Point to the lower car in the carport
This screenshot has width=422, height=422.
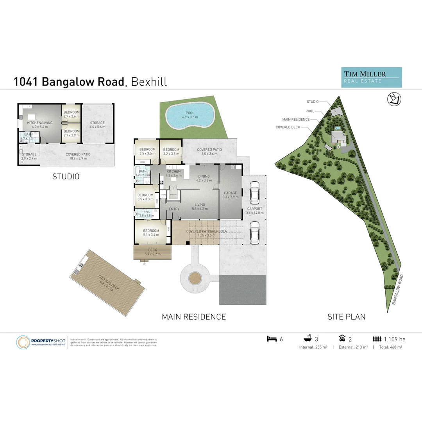click(254, 232)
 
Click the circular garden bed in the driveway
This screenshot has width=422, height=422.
click(194, 278)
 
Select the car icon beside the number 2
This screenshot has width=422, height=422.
click(342, 339)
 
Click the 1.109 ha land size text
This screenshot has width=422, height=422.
click(395, 339)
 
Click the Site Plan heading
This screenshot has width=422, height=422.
click(346, 316)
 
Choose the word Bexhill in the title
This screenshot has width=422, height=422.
click(149, 82)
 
